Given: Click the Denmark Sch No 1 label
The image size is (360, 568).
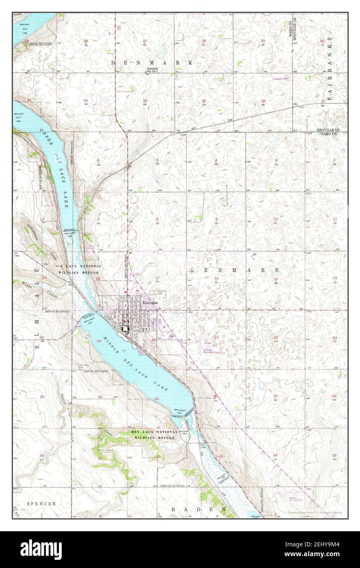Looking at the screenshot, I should pos(152,70).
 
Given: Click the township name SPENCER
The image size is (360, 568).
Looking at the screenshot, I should pos(41,504).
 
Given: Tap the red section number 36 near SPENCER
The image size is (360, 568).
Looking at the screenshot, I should pos(42,455).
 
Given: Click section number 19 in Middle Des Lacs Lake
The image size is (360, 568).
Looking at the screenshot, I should pos(98,341).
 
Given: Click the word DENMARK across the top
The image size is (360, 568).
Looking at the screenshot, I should pos(152,63).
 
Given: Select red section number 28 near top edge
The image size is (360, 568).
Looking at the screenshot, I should pos(86,41).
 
